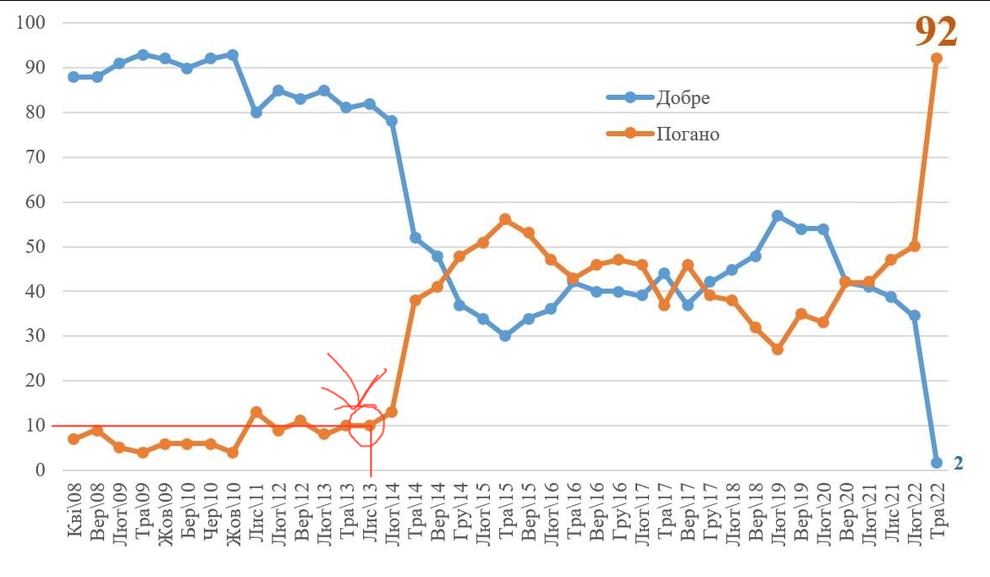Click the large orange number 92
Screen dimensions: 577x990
936,31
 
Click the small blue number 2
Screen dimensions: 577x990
959,463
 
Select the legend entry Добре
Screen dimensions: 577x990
683,97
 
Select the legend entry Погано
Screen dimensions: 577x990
687,134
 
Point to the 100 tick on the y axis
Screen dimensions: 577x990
30,23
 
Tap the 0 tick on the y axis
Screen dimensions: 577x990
39,470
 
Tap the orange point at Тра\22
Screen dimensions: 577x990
937,58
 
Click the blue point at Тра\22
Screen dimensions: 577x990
937,463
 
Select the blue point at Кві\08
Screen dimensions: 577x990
74,77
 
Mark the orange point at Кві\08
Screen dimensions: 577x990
74,439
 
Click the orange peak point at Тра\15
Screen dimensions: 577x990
505,219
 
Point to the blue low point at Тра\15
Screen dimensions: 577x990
505,336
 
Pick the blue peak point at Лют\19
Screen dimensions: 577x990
778,216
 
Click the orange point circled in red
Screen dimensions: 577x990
369,426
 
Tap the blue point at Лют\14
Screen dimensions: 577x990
392,121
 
